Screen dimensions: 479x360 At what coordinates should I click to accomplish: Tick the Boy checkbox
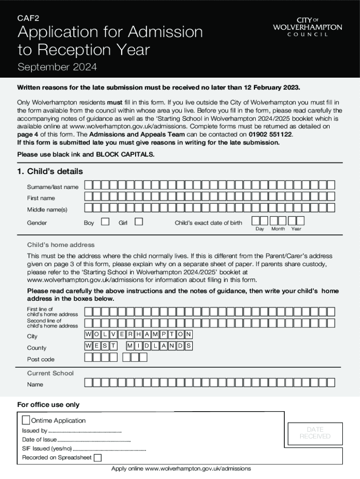click(x=105, y=222)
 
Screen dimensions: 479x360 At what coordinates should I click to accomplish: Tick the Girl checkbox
click(x=138, y=222)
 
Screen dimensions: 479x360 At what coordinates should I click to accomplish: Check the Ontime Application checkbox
click(x=26, y=420)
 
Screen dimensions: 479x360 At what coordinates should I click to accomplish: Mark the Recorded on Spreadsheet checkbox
click(x=97, y=457)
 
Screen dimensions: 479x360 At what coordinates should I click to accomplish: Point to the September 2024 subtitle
click(x=57, y=67)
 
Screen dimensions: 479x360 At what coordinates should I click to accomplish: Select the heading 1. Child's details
click(x=50, y=171)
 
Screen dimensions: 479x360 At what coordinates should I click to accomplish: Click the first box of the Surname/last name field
click(x=88, y=185)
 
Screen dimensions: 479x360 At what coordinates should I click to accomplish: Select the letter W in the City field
click(x=88, y=334)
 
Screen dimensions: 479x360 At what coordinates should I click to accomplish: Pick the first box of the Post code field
click(x=88, y=357)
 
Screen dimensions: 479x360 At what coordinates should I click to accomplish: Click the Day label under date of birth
click(x=259, y=229)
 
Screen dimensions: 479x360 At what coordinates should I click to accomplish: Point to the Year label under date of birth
click(x=296, y=229)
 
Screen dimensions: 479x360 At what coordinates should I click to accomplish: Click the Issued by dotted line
click(x=85, y=431)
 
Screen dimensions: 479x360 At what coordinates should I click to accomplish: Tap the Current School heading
click(x=50, y=373)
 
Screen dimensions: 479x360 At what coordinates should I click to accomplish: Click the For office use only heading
click(x=48, y=405)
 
